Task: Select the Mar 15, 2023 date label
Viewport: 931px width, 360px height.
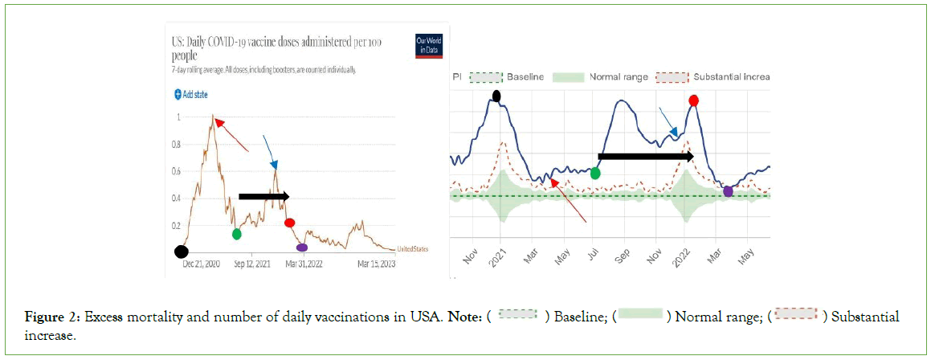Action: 375,264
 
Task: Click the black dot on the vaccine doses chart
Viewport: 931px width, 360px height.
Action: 182,251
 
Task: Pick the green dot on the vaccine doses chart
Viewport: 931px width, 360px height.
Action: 236,234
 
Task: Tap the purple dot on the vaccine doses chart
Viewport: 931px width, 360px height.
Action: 301,247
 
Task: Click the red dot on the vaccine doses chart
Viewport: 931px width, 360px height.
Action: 290,223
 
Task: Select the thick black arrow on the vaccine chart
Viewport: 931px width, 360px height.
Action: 263,196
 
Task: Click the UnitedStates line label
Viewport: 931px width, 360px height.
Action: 413,250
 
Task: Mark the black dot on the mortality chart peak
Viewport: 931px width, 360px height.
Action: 496,96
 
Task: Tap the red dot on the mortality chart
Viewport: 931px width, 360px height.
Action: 693,100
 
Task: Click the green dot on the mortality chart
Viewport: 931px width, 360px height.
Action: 595,173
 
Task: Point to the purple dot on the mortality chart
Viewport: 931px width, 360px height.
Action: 728,191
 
